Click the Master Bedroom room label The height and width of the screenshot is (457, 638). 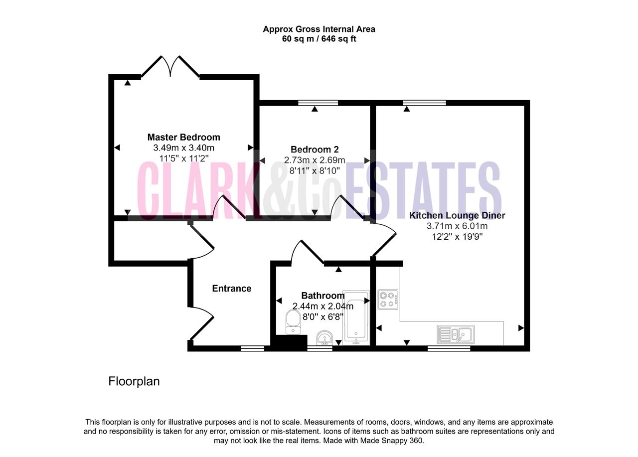(x=184, y=137)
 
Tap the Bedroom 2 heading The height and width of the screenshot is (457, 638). (x=315, y=150)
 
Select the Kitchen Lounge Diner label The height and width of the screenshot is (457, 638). (x=457, y=215)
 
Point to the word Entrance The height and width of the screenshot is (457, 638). (x=232, y=289)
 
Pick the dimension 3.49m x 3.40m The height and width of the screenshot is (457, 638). (x=184, y=148)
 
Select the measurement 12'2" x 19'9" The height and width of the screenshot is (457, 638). (x=457, y=237)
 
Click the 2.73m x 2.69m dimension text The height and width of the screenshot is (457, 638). (x=315, y=160)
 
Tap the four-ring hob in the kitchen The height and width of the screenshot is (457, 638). (x=388, y=299)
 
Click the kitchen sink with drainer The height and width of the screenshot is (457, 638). (x=456, y=334)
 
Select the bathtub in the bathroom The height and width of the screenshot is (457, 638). (x=356, y=318)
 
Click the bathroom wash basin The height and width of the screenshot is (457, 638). (x=324, y=338)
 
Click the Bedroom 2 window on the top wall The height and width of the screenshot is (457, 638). (x=318, y=103)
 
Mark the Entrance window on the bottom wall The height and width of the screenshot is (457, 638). (x=252, y=348)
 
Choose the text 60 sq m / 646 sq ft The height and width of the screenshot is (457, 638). (x=319, y=39)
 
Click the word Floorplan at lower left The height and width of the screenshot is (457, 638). (x=134, y=382)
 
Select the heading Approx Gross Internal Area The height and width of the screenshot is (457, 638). (x=319, y=29)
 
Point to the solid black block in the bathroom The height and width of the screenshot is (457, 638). (x=289, y=341)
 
